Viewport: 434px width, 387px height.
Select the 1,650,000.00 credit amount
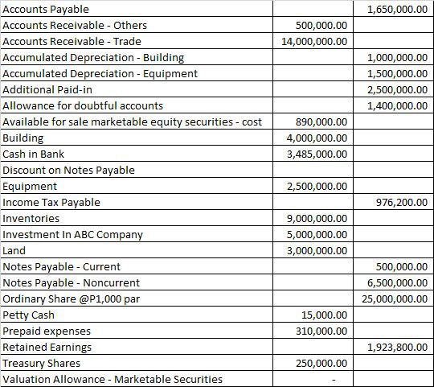[x=396, y=9]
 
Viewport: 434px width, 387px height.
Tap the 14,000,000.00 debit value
[x=315, y=41]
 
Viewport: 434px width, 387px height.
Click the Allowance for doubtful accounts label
[x=83, y=105]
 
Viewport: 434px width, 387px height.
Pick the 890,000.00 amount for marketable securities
[x=322, y=121]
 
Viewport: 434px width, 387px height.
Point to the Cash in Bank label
[x=34, y=154]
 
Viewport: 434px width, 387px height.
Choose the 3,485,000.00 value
[x=317, y=154]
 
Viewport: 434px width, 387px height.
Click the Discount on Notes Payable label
[x=69, y=170]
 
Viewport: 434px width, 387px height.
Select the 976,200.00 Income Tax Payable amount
[x=402, y=202]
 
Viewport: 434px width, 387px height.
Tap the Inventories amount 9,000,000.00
[x=317, y=218]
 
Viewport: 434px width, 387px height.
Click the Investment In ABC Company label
[x=73, y=234]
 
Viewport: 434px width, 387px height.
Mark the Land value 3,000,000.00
[x=317, y=250]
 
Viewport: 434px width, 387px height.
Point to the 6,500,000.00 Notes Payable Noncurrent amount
[x=396, y=282]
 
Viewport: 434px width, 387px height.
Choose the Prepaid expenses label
[x=47, y=331]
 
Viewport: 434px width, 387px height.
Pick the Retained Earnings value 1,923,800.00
[x=396, y=347]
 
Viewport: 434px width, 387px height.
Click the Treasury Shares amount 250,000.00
[x=322, y=363]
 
